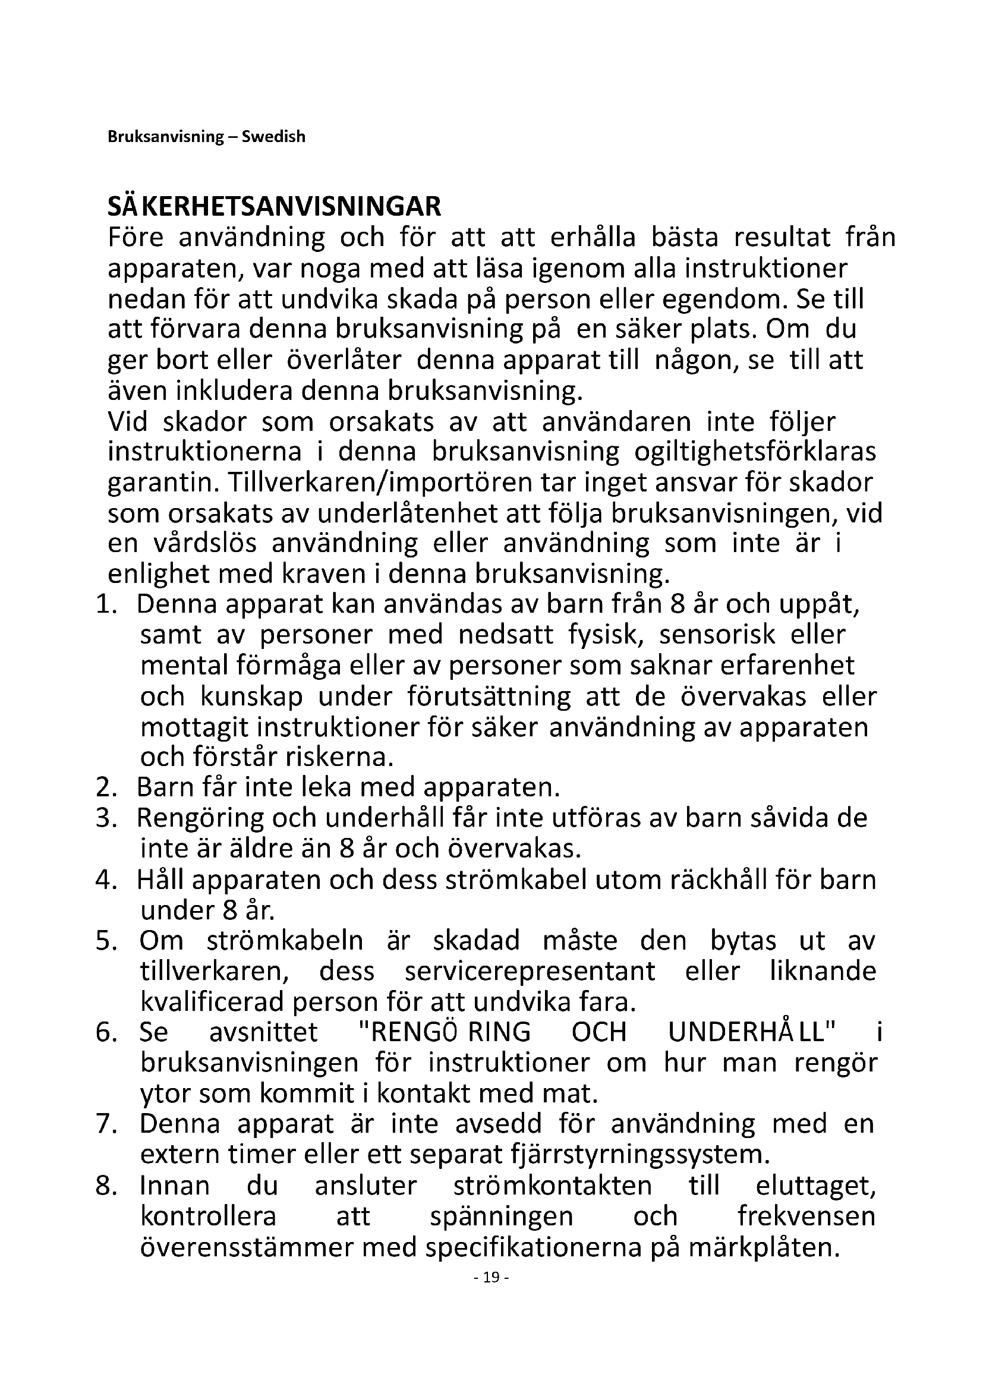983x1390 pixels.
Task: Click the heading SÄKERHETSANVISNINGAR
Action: (274, 207)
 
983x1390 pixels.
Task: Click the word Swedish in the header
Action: (273, 137)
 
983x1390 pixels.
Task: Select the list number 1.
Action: (105, 605)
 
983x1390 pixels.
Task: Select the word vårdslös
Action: (204, 544)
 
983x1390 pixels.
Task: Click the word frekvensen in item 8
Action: (806, 1216)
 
